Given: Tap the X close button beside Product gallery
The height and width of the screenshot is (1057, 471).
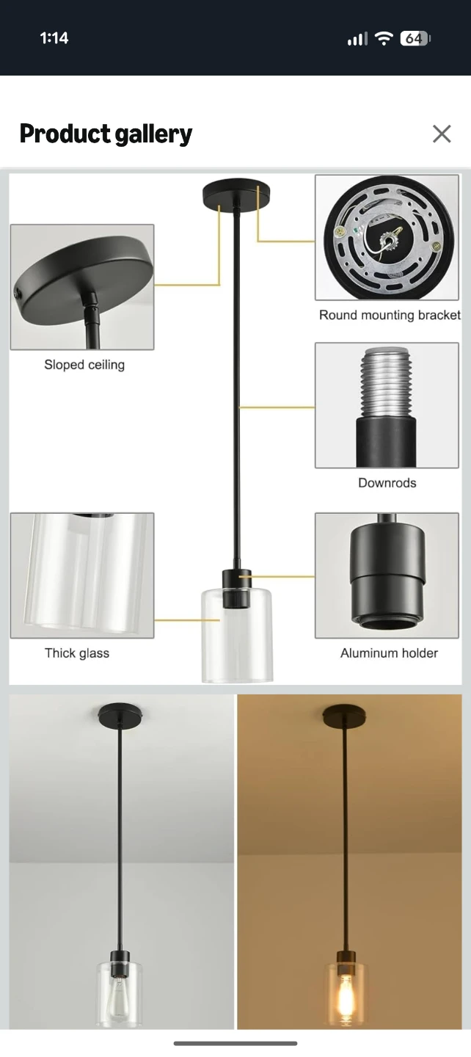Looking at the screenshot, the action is coord(442,134).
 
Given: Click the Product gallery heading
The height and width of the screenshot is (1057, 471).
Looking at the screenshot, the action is coord(106,134).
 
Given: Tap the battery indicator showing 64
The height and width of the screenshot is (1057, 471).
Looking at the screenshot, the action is coord(415,38).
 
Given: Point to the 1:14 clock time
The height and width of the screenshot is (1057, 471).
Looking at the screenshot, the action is coord(54,38).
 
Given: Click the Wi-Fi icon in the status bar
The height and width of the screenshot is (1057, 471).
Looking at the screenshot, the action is coord(384,38).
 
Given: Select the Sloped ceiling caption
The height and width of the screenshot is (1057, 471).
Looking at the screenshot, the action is coord(84,365).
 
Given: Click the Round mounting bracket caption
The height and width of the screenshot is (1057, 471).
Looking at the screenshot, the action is coord(390,315).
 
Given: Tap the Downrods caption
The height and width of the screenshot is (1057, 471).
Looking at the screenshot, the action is coord(387,483).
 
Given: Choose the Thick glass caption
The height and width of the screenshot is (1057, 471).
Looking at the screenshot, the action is coord(77,653).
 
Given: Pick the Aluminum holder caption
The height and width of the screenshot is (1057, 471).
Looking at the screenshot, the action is coord(389,653).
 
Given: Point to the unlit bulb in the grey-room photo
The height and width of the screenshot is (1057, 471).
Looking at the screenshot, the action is coord(118,995).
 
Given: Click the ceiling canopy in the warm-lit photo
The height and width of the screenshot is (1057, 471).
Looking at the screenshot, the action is coord(344,713).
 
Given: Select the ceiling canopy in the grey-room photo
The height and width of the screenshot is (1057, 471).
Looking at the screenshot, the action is coord(120,713).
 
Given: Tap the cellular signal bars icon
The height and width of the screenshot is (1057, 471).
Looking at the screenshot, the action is coord(357,39).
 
